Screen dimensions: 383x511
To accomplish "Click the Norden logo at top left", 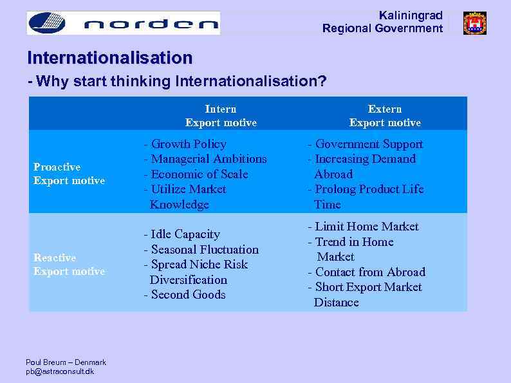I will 123,23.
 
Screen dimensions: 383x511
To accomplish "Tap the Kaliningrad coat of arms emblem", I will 474,23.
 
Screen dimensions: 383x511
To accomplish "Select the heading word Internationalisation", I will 109,58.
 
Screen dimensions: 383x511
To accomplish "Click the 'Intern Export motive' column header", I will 221,116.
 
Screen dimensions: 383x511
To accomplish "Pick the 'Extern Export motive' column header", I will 385,116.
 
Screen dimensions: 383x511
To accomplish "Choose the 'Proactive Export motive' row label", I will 69,174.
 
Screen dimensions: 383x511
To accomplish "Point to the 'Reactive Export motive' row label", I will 69,265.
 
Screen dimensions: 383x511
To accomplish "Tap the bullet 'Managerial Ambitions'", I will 205,159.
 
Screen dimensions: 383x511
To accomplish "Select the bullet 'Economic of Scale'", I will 196,174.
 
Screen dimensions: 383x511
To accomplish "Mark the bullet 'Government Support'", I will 366,144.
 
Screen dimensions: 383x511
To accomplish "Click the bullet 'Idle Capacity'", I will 182,234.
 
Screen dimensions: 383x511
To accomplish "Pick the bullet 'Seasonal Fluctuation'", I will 201,250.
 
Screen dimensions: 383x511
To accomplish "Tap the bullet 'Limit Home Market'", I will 364,227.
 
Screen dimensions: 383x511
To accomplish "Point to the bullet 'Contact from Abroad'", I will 367,272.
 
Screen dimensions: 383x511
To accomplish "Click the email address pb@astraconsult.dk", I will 60,371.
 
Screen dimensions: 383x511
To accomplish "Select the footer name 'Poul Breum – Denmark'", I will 66,362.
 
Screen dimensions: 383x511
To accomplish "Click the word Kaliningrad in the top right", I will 411,15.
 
